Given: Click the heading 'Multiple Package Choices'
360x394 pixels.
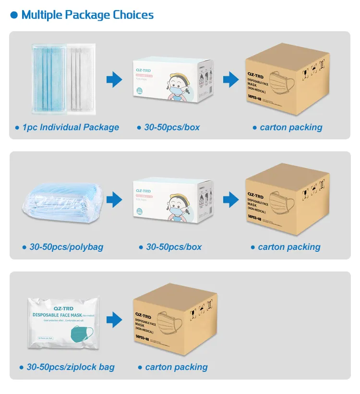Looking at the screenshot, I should pos(87,14).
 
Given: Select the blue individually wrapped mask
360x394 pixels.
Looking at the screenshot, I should pos(49,79).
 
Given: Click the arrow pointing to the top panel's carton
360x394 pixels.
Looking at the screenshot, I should pos(231,79).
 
